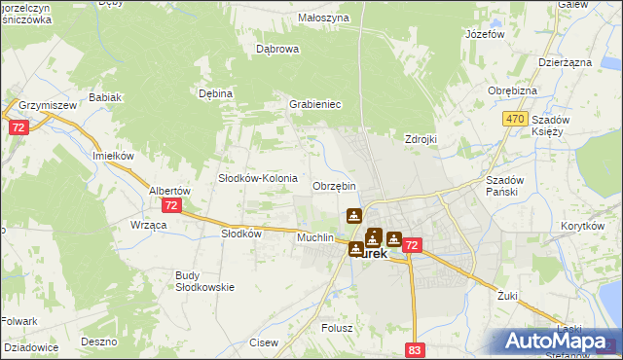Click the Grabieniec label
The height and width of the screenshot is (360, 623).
pyautogui.click(x=313, y=104)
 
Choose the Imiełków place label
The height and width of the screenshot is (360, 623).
pyautogui.click(x=112, y=156)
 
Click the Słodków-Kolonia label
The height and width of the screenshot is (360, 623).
pyautogui.click(x=257, y=179)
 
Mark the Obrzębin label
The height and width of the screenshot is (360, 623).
pyautogui.click(x=334, y=186)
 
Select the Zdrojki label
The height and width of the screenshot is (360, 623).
pyautogui.click(x=421, y=139)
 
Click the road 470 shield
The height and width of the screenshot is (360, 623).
pyautogui.click(x=516, y=119)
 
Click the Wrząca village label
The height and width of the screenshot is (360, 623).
pyautogui.click(x=149, y=225)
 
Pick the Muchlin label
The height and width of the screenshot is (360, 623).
pyautogui.click(x=314, y=237)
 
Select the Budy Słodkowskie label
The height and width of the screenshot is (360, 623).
pyautogui.click(x=200, y=281)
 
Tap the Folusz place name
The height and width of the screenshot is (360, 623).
pyautogui.click(x=337, y=329)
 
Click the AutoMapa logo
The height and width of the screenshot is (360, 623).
pyautogui.click(x=559, y=342)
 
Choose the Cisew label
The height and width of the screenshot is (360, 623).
pyautogui.click(x=264, y=342)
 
